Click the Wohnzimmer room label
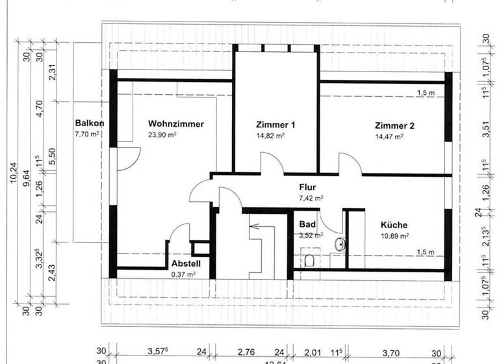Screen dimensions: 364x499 click(x=175, y=123)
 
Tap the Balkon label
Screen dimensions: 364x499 click(x=90, y=123)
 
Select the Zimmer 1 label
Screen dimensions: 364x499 click(x=276, y=125)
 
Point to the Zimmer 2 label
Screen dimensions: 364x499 click(x=394, y=125)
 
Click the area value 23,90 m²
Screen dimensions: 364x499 click(x=162, y=135)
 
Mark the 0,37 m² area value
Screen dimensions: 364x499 click(x=183, y=274)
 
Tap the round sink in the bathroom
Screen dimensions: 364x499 click(x=338, y=244)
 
